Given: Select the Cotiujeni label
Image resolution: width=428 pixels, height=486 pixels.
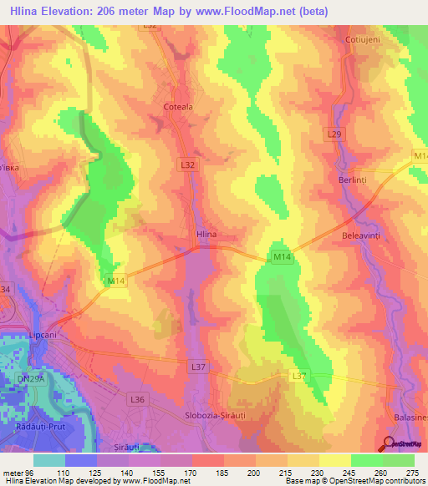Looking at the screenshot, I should (x=363, y=39).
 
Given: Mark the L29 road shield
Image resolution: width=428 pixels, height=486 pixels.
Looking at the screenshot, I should (x=335, y=134).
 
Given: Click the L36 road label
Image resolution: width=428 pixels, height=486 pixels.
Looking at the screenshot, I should (x=139, y=401).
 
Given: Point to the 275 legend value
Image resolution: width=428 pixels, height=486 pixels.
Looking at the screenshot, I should (x=413, y=472).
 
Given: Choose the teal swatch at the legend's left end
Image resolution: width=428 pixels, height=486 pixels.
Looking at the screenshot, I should (x=49, y=459).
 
